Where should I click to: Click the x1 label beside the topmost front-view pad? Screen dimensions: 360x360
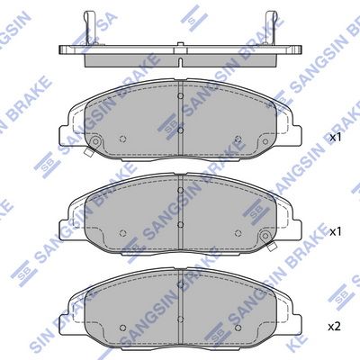(x=336, y=139)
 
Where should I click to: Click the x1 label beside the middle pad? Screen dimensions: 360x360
(x=336, y=231)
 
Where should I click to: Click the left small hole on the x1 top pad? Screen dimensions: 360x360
(x=123, y=139)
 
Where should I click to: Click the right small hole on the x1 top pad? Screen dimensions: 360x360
(x=237, y=139)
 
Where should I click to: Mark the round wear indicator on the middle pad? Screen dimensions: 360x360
(x=265, y=237)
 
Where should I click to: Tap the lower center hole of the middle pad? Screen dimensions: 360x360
(x=180, y=222)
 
